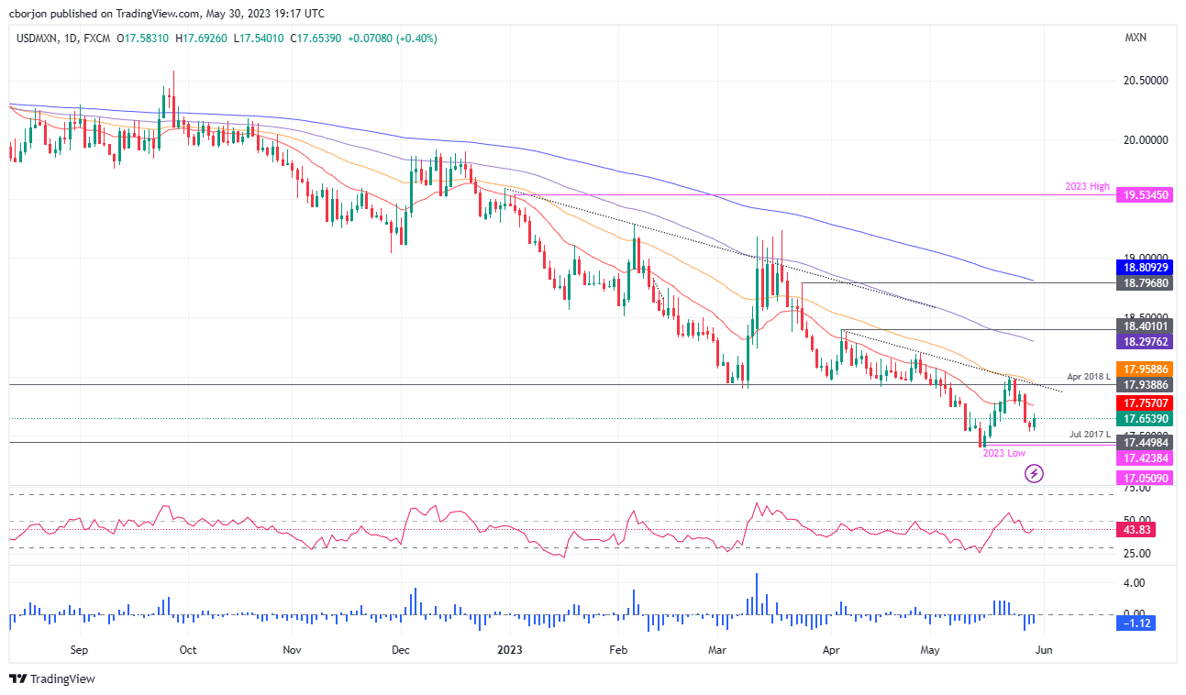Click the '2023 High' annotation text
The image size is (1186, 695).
coord(1087,187)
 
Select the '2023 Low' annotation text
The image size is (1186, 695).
coord(1003,453)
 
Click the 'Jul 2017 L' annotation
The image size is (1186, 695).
coord(1089,434)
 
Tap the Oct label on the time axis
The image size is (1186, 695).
coord(187,650)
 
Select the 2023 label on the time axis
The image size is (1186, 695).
coord(510,650)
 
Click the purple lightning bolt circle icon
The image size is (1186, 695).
coord(1034,473)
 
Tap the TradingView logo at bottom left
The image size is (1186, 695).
coord(52,679)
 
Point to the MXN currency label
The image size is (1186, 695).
coord(1135,38)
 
